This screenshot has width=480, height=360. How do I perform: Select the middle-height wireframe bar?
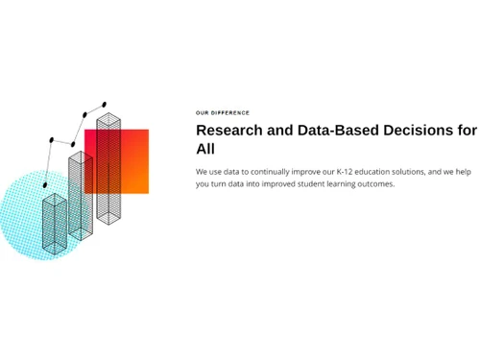click(80, 197)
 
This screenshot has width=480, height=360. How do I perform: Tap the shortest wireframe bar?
click(55, 226)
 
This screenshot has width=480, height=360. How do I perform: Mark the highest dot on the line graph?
click(104, 105)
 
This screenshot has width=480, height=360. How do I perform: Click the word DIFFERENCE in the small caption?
click(231, 113)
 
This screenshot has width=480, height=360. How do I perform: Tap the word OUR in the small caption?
click(202, 113)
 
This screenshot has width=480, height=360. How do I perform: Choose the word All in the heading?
click(205, 150)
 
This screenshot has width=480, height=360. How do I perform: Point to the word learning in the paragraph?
click(345, 184)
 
